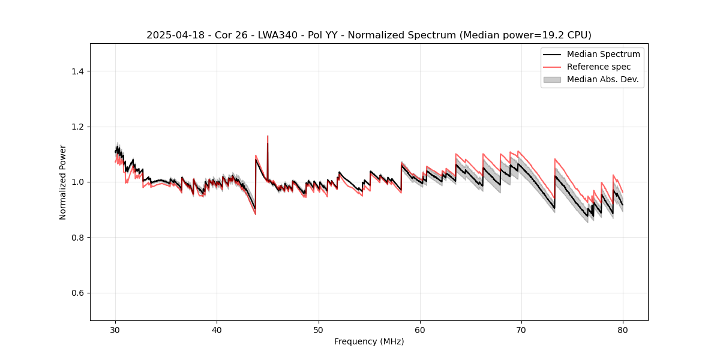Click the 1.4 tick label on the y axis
pos(77,71)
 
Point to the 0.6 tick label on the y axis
pos(77,293)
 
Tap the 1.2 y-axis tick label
pos(77,127)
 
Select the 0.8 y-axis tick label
pos(77,238)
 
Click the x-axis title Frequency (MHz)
pos(369,341)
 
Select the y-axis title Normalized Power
pos(63,182)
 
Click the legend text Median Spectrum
pos(603,54)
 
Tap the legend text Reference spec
pos(599,67)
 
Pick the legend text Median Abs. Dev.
pos(602,79)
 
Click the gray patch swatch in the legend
pos(552,79)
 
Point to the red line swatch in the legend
pos(552,67)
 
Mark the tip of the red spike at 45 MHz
pos(268,136)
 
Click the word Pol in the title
pos(299,35)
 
